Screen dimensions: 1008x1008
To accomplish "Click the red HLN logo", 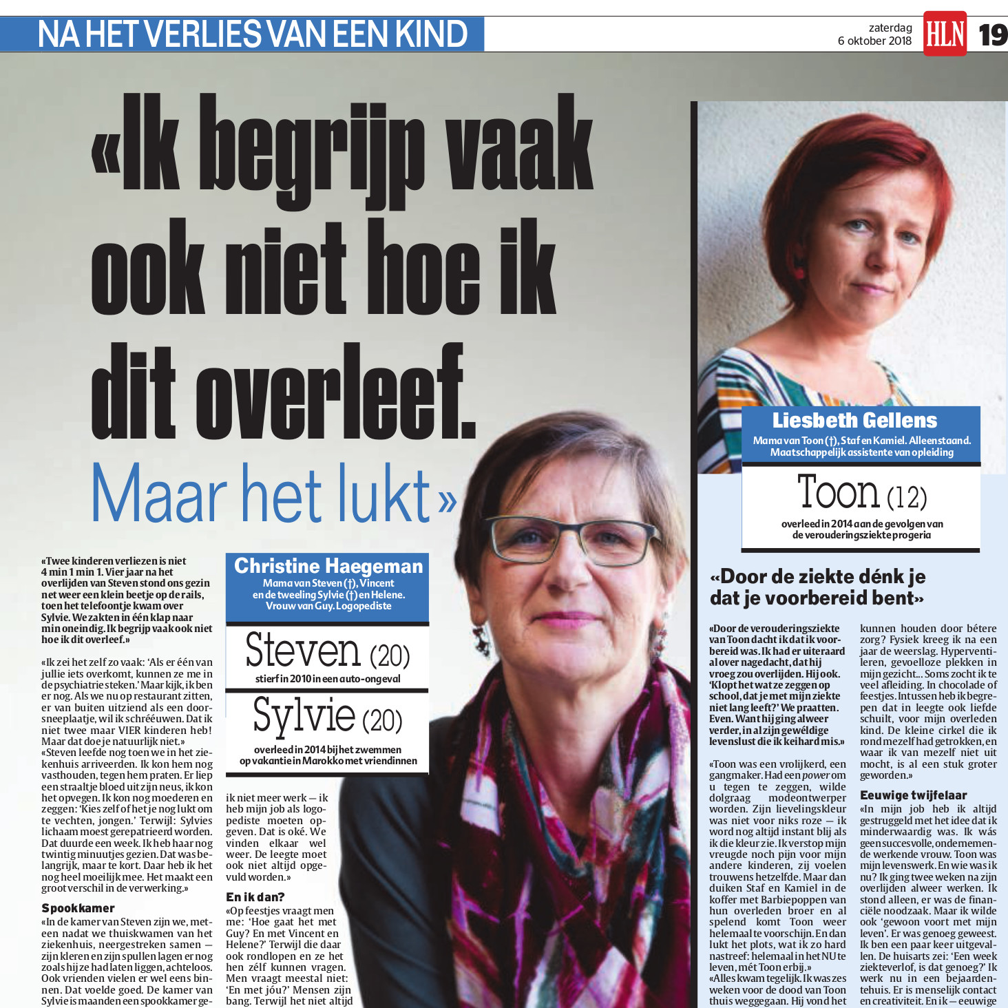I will pyautogui.click(x=945, y=33).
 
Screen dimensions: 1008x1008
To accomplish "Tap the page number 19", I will pyautogui.click(x=993, y=34).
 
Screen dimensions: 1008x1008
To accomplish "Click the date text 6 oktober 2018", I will pyautogui.click(x=874, y=41).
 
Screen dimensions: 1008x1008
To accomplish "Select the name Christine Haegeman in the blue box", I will pyautogui.click(x=328, y=566).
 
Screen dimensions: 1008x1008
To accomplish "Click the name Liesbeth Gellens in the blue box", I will pyautogui.click(x=854, y=420).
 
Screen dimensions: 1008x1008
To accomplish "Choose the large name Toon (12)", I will pyautogui.click(x=861, y=493).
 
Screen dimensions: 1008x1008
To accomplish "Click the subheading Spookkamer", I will pyautogui.click(x=78, y=908).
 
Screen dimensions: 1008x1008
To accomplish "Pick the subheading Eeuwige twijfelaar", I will pyautogui.click(x=913, y=795).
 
